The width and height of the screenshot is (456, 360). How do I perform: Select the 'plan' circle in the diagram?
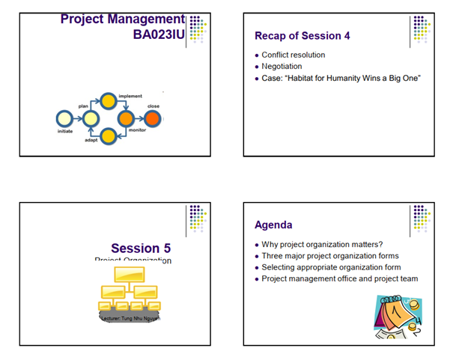pos(90,118)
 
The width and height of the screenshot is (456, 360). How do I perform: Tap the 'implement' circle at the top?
pos(108,100)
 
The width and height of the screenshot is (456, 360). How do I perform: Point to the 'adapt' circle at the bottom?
pos(108,136)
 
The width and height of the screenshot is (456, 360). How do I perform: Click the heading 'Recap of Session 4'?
pos(302,35)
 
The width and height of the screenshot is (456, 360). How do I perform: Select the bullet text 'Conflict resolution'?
pos(293,55)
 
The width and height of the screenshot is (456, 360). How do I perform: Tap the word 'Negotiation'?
pos(282,66)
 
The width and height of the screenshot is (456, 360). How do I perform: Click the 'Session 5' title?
pos(146,248)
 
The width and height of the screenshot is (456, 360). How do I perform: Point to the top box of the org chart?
pos(128,275)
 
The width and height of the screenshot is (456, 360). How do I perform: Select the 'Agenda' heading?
pos(273,225)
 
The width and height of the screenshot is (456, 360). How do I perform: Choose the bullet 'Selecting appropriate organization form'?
pos(331,267)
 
